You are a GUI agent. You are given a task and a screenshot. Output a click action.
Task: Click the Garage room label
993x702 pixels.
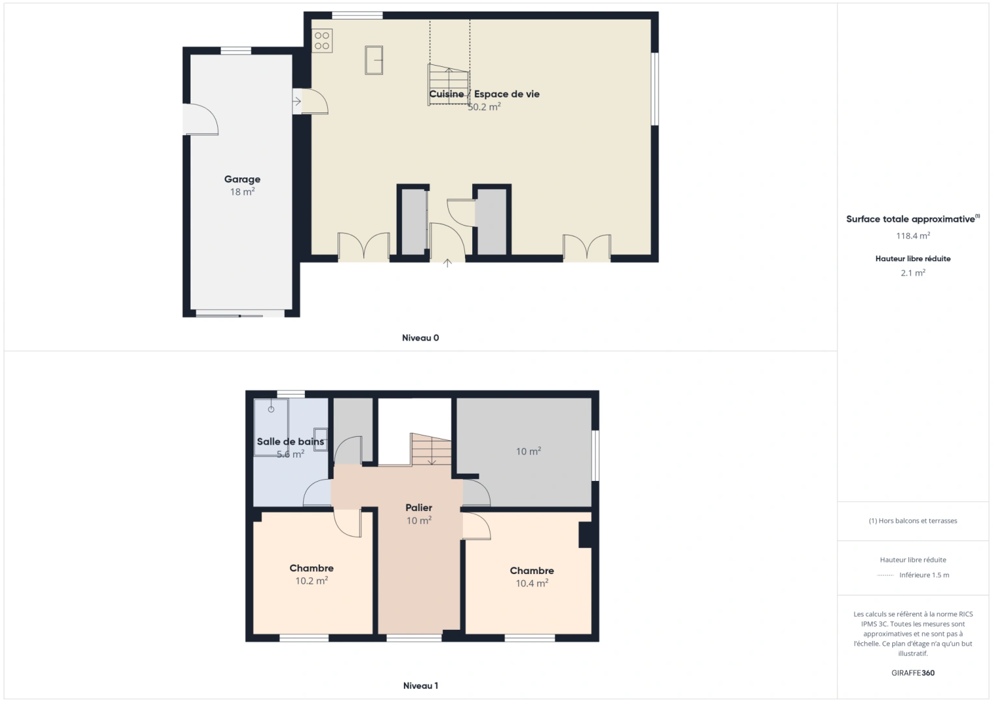pyautogui.click(x=242, y=179)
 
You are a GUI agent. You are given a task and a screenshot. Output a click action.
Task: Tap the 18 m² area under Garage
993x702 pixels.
pyautogui.click(x=242, y=192)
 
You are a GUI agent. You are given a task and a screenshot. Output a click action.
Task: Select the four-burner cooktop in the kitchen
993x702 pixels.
pyautogui.click(x=322, y=41)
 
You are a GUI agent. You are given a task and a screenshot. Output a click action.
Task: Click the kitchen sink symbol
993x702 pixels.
pyautogui.click(x=374, y=60)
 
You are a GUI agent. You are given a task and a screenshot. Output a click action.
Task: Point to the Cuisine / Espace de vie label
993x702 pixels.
pyautogui.click(x=484, y=94)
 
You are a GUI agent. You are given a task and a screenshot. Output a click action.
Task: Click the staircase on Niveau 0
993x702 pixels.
pyautogui.click(x=448, y=84)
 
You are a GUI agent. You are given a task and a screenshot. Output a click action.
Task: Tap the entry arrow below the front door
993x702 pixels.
pyautogui.click(x=447, y=263)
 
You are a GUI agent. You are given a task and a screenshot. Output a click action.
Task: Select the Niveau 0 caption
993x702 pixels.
pyautogui.click(x=420, y=338)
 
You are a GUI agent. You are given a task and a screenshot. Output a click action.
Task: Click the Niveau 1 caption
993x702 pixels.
pyautogui.click(x=420, y=686)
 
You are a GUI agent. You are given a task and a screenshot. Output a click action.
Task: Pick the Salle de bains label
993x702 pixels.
pyautogui.click(x=290, y=442)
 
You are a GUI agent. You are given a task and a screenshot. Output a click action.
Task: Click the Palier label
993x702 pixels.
pyautogui.click(x=419, y=508)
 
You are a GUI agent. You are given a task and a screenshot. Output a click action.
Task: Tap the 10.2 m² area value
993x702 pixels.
pyautogui.click(x=311, y=581)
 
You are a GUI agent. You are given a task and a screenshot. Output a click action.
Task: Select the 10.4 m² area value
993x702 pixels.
pyautogui.click(x=532, y=584)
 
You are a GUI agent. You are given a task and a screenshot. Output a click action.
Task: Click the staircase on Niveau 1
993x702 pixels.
pyautogui.click(x=431, y=449)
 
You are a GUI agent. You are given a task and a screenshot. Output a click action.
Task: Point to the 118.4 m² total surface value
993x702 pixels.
pyautogui.click(x=912, y=236)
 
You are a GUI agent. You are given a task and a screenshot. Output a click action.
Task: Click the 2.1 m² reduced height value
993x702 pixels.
pyautogui.click(x=912, y=273)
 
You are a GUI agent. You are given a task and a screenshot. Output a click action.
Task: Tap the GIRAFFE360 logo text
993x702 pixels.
pyautogui.click(x=912, y=673)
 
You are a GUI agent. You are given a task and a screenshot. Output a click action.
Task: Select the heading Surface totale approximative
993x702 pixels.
pyautogui.click(x=910, y=220)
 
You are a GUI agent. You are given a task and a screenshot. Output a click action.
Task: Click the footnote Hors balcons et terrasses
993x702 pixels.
pyautogui.click(x=912, y=521)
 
